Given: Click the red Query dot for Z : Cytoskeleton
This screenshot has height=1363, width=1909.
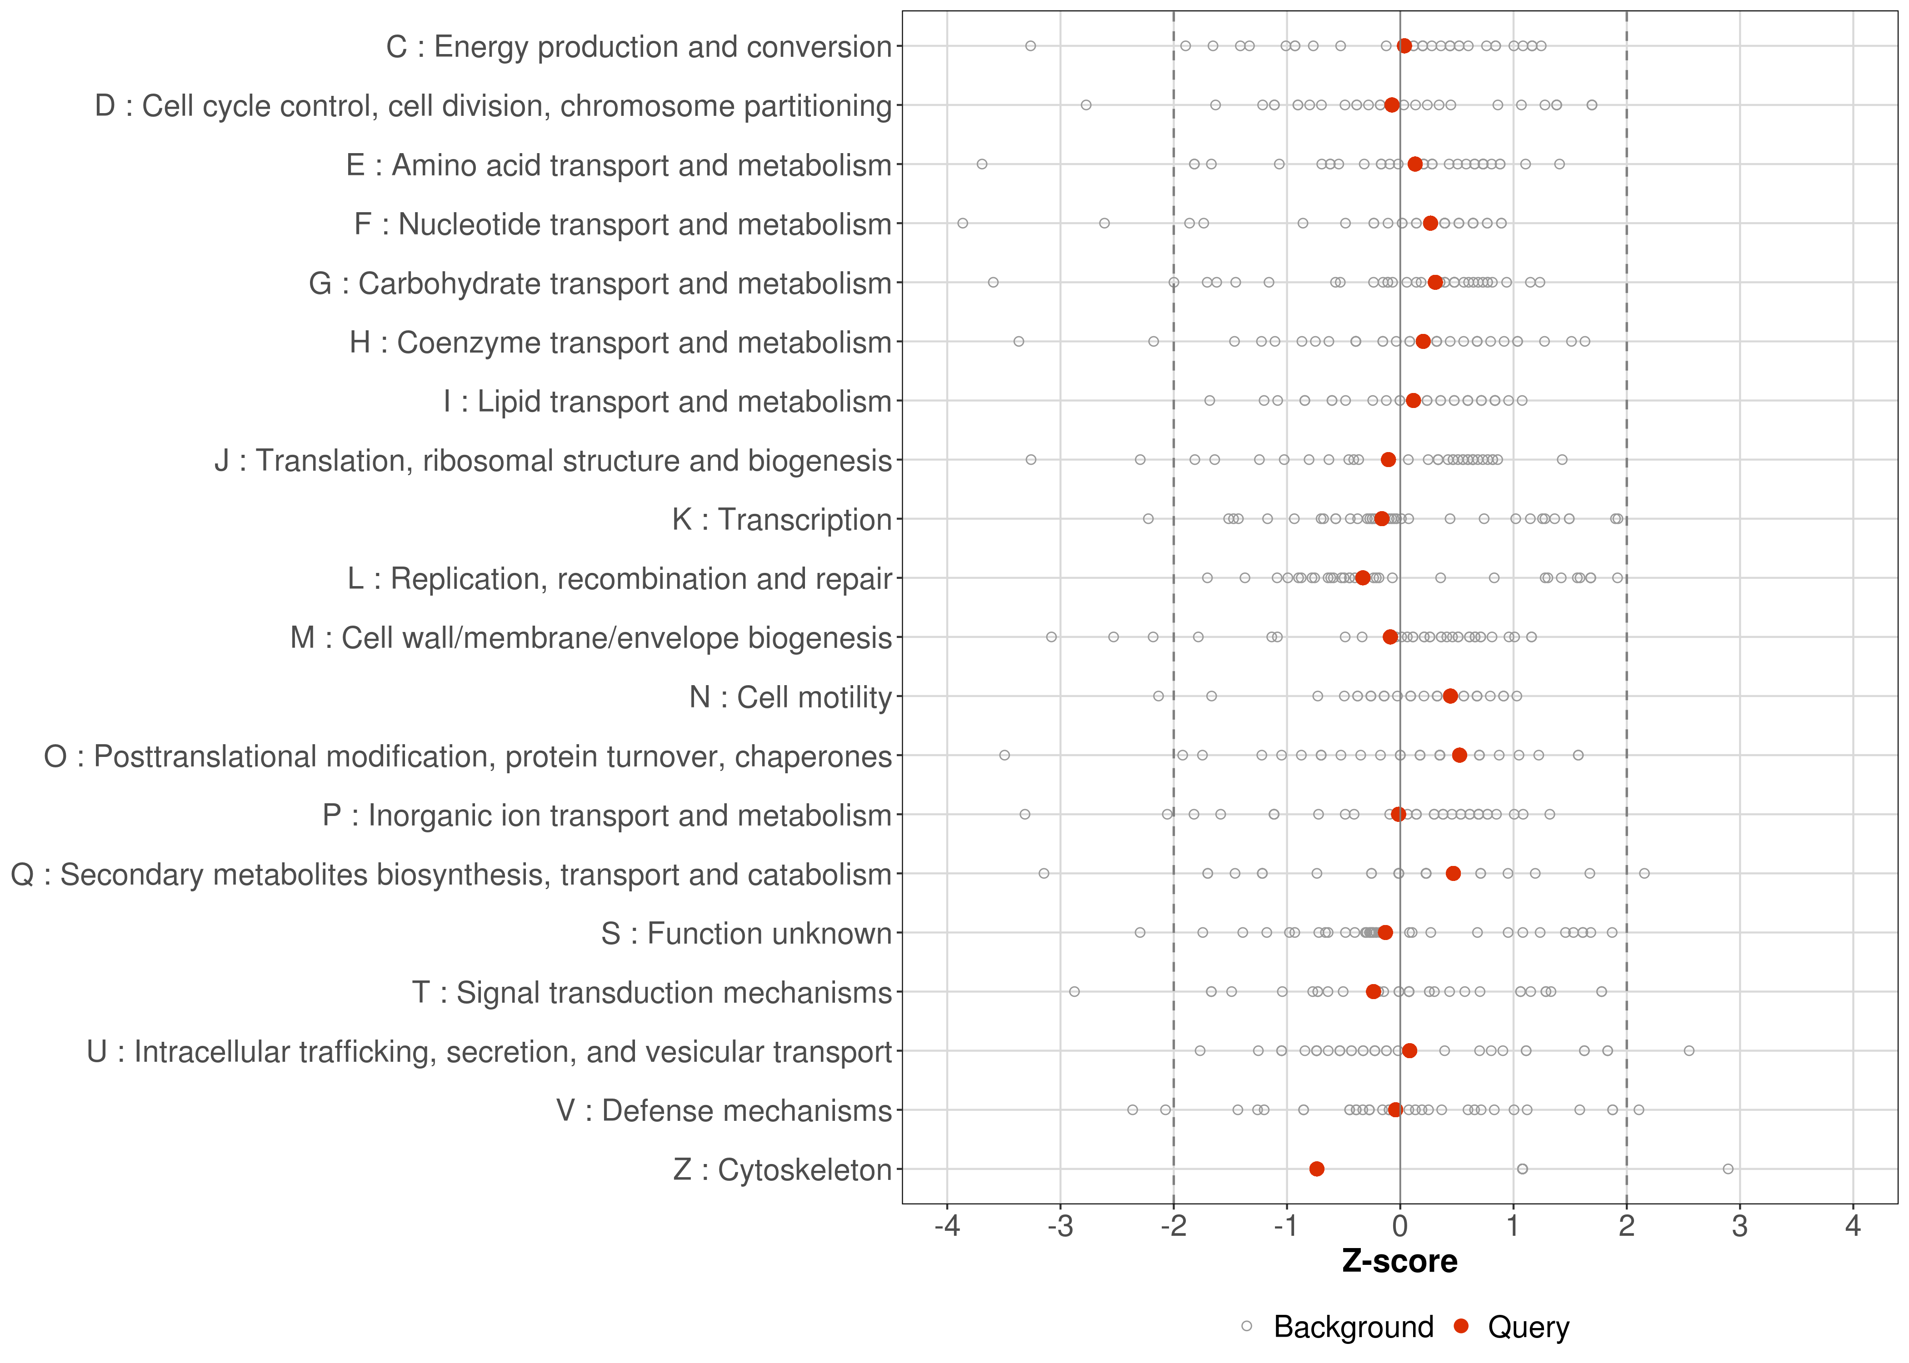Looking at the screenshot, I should [1316, 1169].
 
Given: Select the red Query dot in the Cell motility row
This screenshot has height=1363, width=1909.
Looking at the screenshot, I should [1450, 696].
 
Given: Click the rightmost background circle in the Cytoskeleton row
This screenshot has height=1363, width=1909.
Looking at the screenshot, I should [1728, 1169].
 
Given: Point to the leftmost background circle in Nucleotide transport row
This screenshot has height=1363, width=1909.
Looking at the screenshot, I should [963, 223].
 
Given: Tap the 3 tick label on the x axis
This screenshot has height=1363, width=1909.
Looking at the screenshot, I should [1739, 1227].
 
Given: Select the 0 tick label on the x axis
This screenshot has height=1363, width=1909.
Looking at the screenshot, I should [1399, 1227].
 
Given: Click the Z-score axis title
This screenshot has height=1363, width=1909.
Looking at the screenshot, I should [1399, 1261].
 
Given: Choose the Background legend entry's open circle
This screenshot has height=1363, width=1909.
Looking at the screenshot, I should [1247, 1327].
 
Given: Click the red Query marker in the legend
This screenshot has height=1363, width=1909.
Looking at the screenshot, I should [1462, 1327].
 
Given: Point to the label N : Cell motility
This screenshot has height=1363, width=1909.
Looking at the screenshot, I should [790, 697].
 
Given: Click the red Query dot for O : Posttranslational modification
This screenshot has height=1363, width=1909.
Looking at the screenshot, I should [1459, 756].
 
